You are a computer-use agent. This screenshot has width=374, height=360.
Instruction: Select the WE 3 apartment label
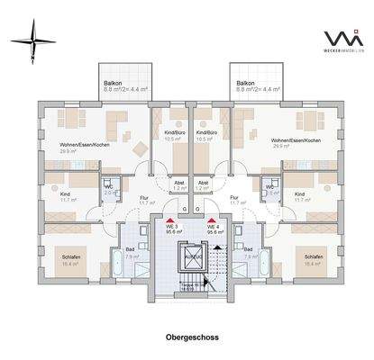(169, 226)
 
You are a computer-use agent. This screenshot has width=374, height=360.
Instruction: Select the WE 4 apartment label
(215, 226)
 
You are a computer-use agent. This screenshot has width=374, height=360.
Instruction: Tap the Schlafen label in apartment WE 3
(62, 255)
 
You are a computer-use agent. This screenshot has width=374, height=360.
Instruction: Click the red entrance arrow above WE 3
(168, 218)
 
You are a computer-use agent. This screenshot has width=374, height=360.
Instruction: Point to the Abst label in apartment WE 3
(178, 183)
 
